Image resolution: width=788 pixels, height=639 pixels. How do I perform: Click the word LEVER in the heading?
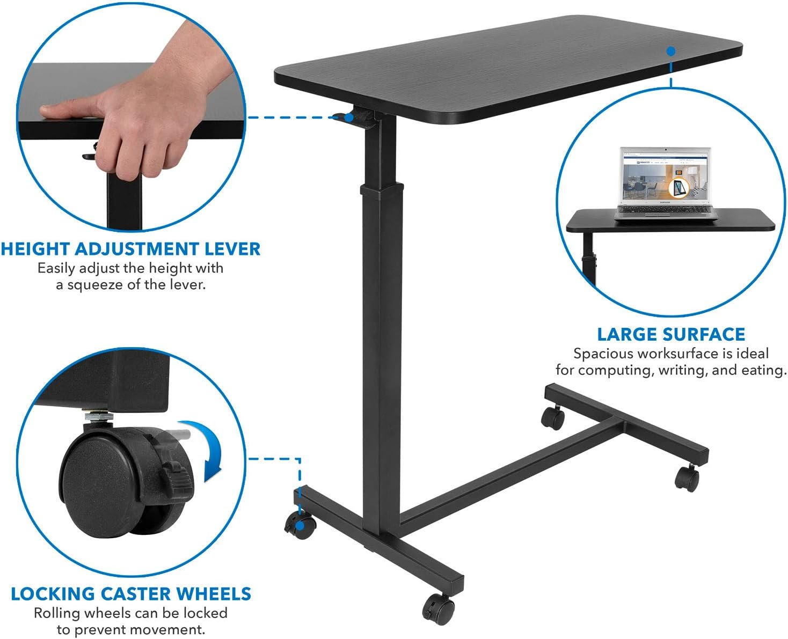coord(232,249)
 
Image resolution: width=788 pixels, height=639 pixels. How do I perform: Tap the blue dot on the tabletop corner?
coord(670,52)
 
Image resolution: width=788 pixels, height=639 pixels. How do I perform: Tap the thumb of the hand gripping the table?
coord(64,111)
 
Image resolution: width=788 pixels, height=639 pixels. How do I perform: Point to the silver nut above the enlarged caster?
coord(98,415)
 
